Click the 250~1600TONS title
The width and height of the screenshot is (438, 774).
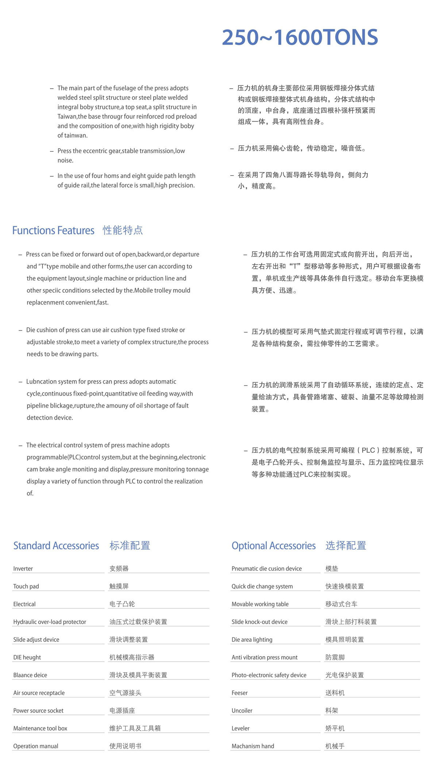click(300, 37)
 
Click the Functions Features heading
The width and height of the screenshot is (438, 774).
click(53, 230)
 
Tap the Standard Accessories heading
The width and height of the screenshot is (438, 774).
click(56, 546)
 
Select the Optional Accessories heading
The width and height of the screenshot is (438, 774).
click(273, 546)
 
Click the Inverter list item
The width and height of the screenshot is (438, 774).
click(23, 569)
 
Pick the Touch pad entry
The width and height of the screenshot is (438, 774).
click(26, 586)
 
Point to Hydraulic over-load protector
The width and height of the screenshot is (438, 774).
click(50, 622)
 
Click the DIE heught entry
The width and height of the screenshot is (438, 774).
click(27, 657)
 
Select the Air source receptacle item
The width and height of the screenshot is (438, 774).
click(39, 693)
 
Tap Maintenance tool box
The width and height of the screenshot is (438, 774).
click(40, 728)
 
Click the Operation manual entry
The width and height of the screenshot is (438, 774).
click(36, 746)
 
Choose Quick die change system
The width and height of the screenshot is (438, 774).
click(262, 586)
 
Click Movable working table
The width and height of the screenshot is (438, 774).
click(260, 604)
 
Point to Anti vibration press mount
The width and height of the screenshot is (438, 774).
click(265, 657)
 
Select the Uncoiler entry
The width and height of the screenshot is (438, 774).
click(242, 711)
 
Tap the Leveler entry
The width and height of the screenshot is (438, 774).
click(241, 728)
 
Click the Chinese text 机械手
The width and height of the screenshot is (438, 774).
click(335, 746)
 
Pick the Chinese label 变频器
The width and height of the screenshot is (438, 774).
click(119, 569)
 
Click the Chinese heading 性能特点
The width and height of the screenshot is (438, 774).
click(123, 230)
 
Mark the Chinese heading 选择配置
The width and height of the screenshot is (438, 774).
click(346, 546)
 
